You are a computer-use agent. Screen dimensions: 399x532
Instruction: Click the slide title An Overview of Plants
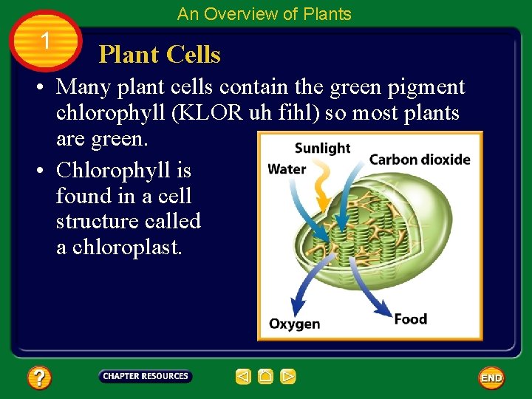click(265, 14)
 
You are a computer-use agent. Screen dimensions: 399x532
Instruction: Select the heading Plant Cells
click(160, 55)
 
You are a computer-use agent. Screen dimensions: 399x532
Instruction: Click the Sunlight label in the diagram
click(322, 148)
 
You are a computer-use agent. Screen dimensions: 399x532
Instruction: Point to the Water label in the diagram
click(287, 169)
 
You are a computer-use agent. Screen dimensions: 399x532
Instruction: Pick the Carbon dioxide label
click(419, 160)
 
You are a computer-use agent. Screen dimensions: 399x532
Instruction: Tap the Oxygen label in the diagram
click(294, 324)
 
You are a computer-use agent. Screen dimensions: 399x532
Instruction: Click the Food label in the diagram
click(410, 319)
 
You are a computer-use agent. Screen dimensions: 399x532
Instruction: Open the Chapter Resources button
click(146, 377)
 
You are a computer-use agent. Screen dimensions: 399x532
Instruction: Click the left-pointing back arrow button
click(243, 377)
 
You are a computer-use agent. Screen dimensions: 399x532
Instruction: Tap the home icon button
click(265, 377)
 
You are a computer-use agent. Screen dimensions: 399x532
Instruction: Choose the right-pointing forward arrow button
click(288, 377)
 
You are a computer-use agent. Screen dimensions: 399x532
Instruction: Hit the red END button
click(491, 378)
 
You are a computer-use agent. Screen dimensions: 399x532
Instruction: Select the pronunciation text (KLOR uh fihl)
click(245, 113)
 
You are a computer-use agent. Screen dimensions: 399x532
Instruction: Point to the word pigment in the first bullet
click(429, 88)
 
